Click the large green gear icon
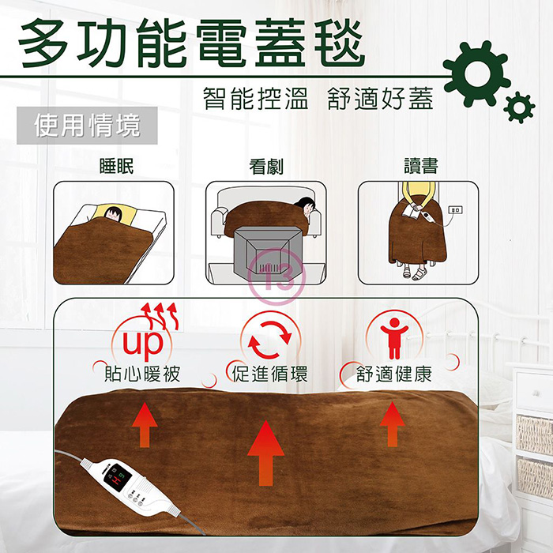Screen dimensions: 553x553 (x=477, y=74)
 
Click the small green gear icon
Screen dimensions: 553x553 (x=519, y=107)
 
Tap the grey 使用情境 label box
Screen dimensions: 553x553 (x=87, y=126)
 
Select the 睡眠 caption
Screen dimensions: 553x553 (x=117, y=166)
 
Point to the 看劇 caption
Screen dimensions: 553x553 (x=266, y=166)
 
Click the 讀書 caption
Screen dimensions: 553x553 (x=421, y=165)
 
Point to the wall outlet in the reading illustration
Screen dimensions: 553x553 (x=455, y=210)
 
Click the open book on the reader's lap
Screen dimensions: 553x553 (x=410, y=212)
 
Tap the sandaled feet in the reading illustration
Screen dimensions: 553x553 (x=415, y=273)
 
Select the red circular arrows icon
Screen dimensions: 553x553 (x=270, y=340)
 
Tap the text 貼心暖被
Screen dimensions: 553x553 (x=142, y=374)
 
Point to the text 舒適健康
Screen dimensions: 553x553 (x=394, y=374)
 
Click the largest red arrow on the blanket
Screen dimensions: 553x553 (x=265, y=453)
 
